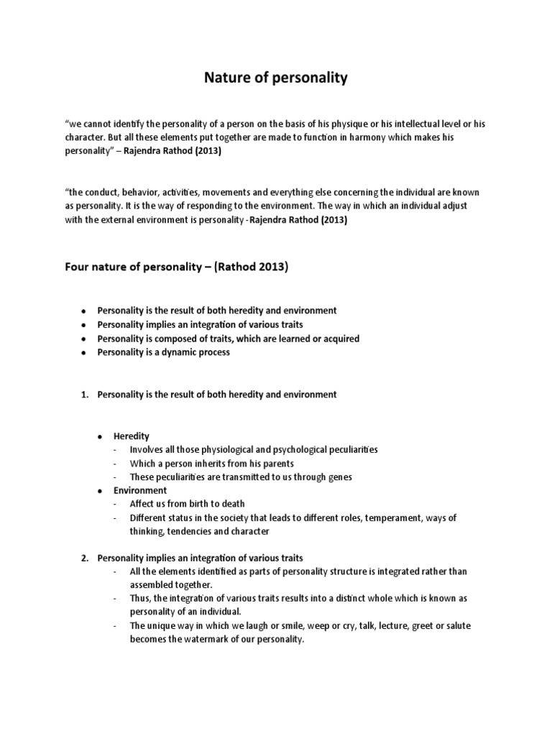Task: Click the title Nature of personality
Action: [x=276, y=78]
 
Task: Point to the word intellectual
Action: [x=428, y=124]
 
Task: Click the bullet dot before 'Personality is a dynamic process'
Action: [x=84, y=353]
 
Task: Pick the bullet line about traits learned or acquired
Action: [x=228, y=339]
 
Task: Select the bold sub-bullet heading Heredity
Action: [x=132, y=436]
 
